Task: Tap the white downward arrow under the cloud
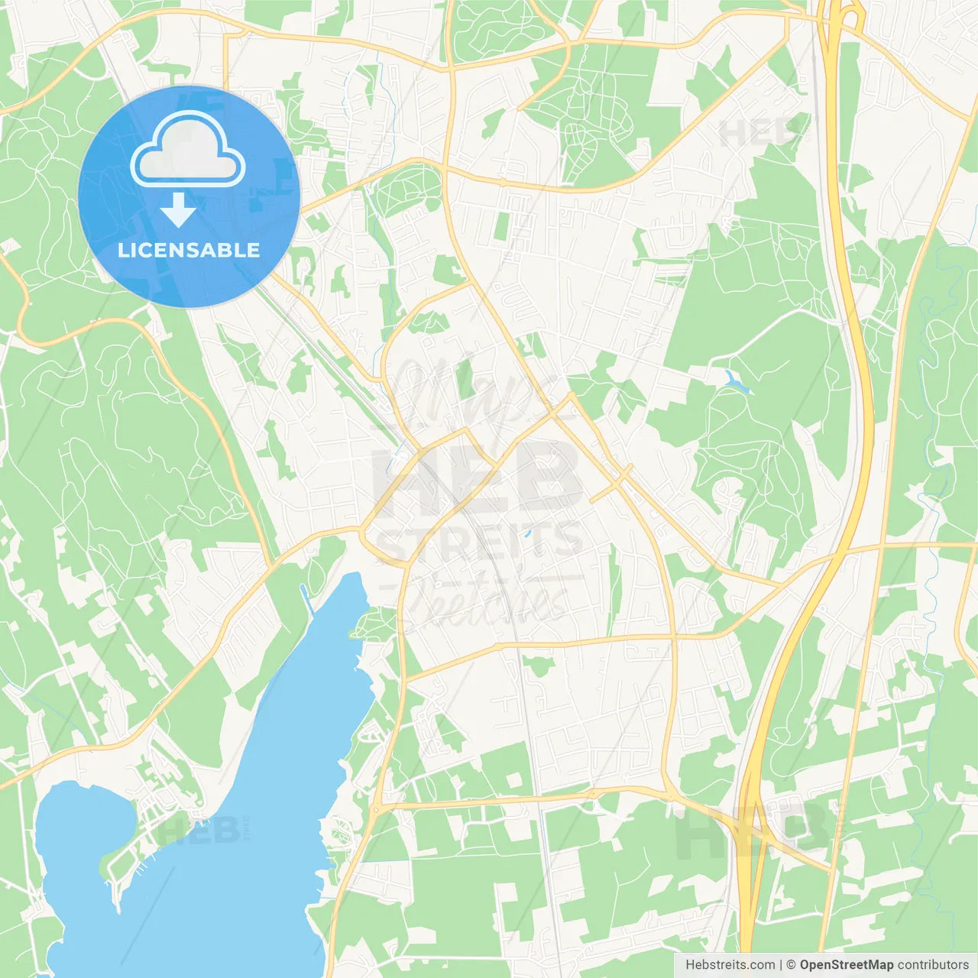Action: (x=178, y=209)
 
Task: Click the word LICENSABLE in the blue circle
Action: (x=189, y=250)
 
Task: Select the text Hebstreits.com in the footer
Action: (x=730, y=965)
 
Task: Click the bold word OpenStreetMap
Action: (x=846, y=965)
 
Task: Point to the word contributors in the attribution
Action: (x=933, y=965)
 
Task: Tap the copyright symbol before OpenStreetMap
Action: (x=791, y=965)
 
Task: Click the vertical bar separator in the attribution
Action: (x=781, y=965)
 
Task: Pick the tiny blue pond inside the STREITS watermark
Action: (x=526, y=533)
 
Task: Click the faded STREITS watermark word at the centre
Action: (x=480, y=541)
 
